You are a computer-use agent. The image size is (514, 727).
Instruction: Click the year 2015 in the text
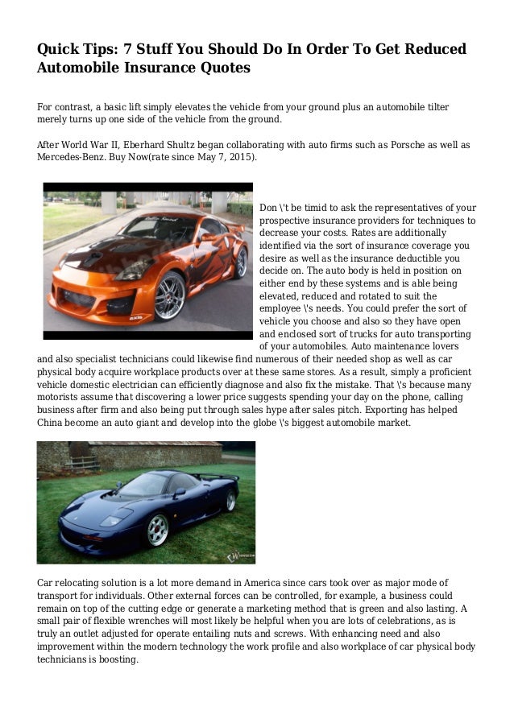point(239,158)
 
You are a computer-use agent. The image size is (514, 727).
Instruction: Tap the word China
point(53,423)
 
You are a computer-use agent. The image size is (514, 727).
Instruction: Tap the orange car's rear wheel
point(240,262)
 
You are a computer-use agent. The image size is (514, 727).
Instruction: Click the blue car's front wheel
point(157,531)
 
